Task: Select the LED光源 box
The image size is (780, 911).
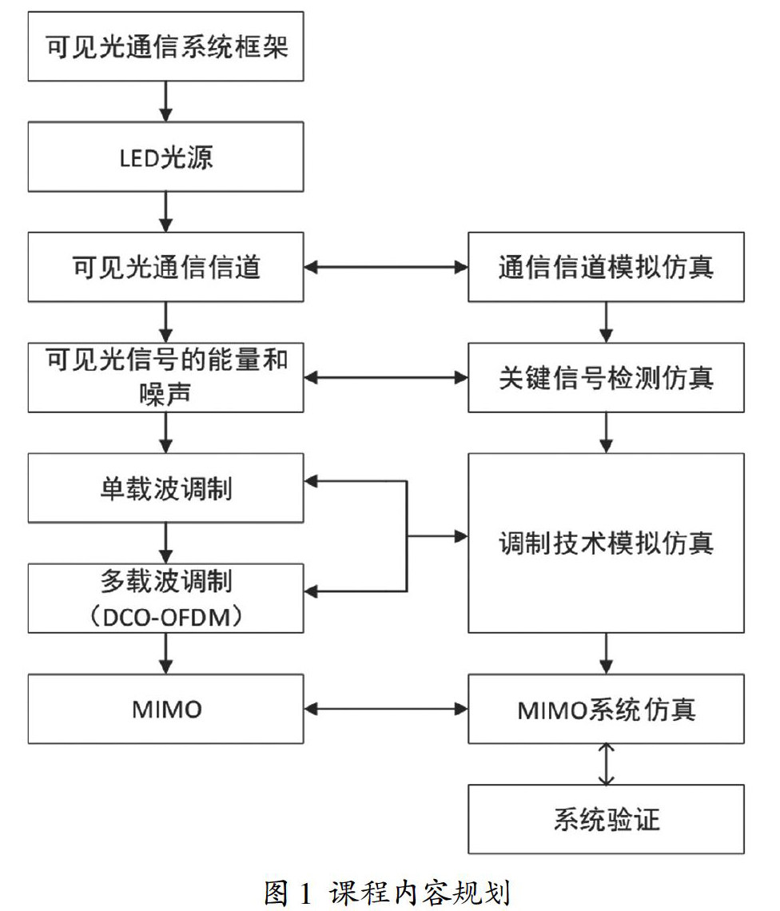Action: [165, 157]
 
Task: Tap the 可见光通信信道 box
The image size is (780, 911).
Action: [165, 267]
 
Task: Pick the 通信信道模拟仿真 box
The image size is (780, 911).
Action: [606, 267]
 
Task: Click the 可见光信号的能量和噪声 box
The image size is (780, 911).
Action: [165, 377]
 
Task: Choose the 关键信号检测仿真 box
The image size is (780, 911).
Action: [606, 377]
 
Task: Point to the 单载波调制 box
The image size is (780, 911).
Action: [165, 487]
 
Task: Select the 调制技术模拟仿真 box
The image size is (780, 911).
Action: [606, 543]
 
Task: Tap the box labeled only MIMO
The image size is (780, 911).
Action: [165, 708]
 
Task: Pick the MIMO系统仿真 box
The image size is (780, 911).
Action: [606, 708]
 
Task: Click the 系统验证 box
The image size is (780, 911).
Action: [606, 819]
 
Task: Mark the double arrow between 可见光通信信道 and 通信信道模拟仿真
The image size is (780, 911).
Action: [385, 267]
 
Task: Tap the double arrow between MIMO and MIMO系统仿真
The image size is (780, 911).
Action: [385, 708]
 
